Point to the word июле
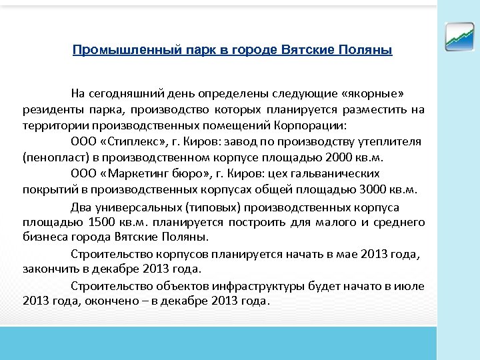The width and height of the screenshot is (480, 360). (x=411, y=286)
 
